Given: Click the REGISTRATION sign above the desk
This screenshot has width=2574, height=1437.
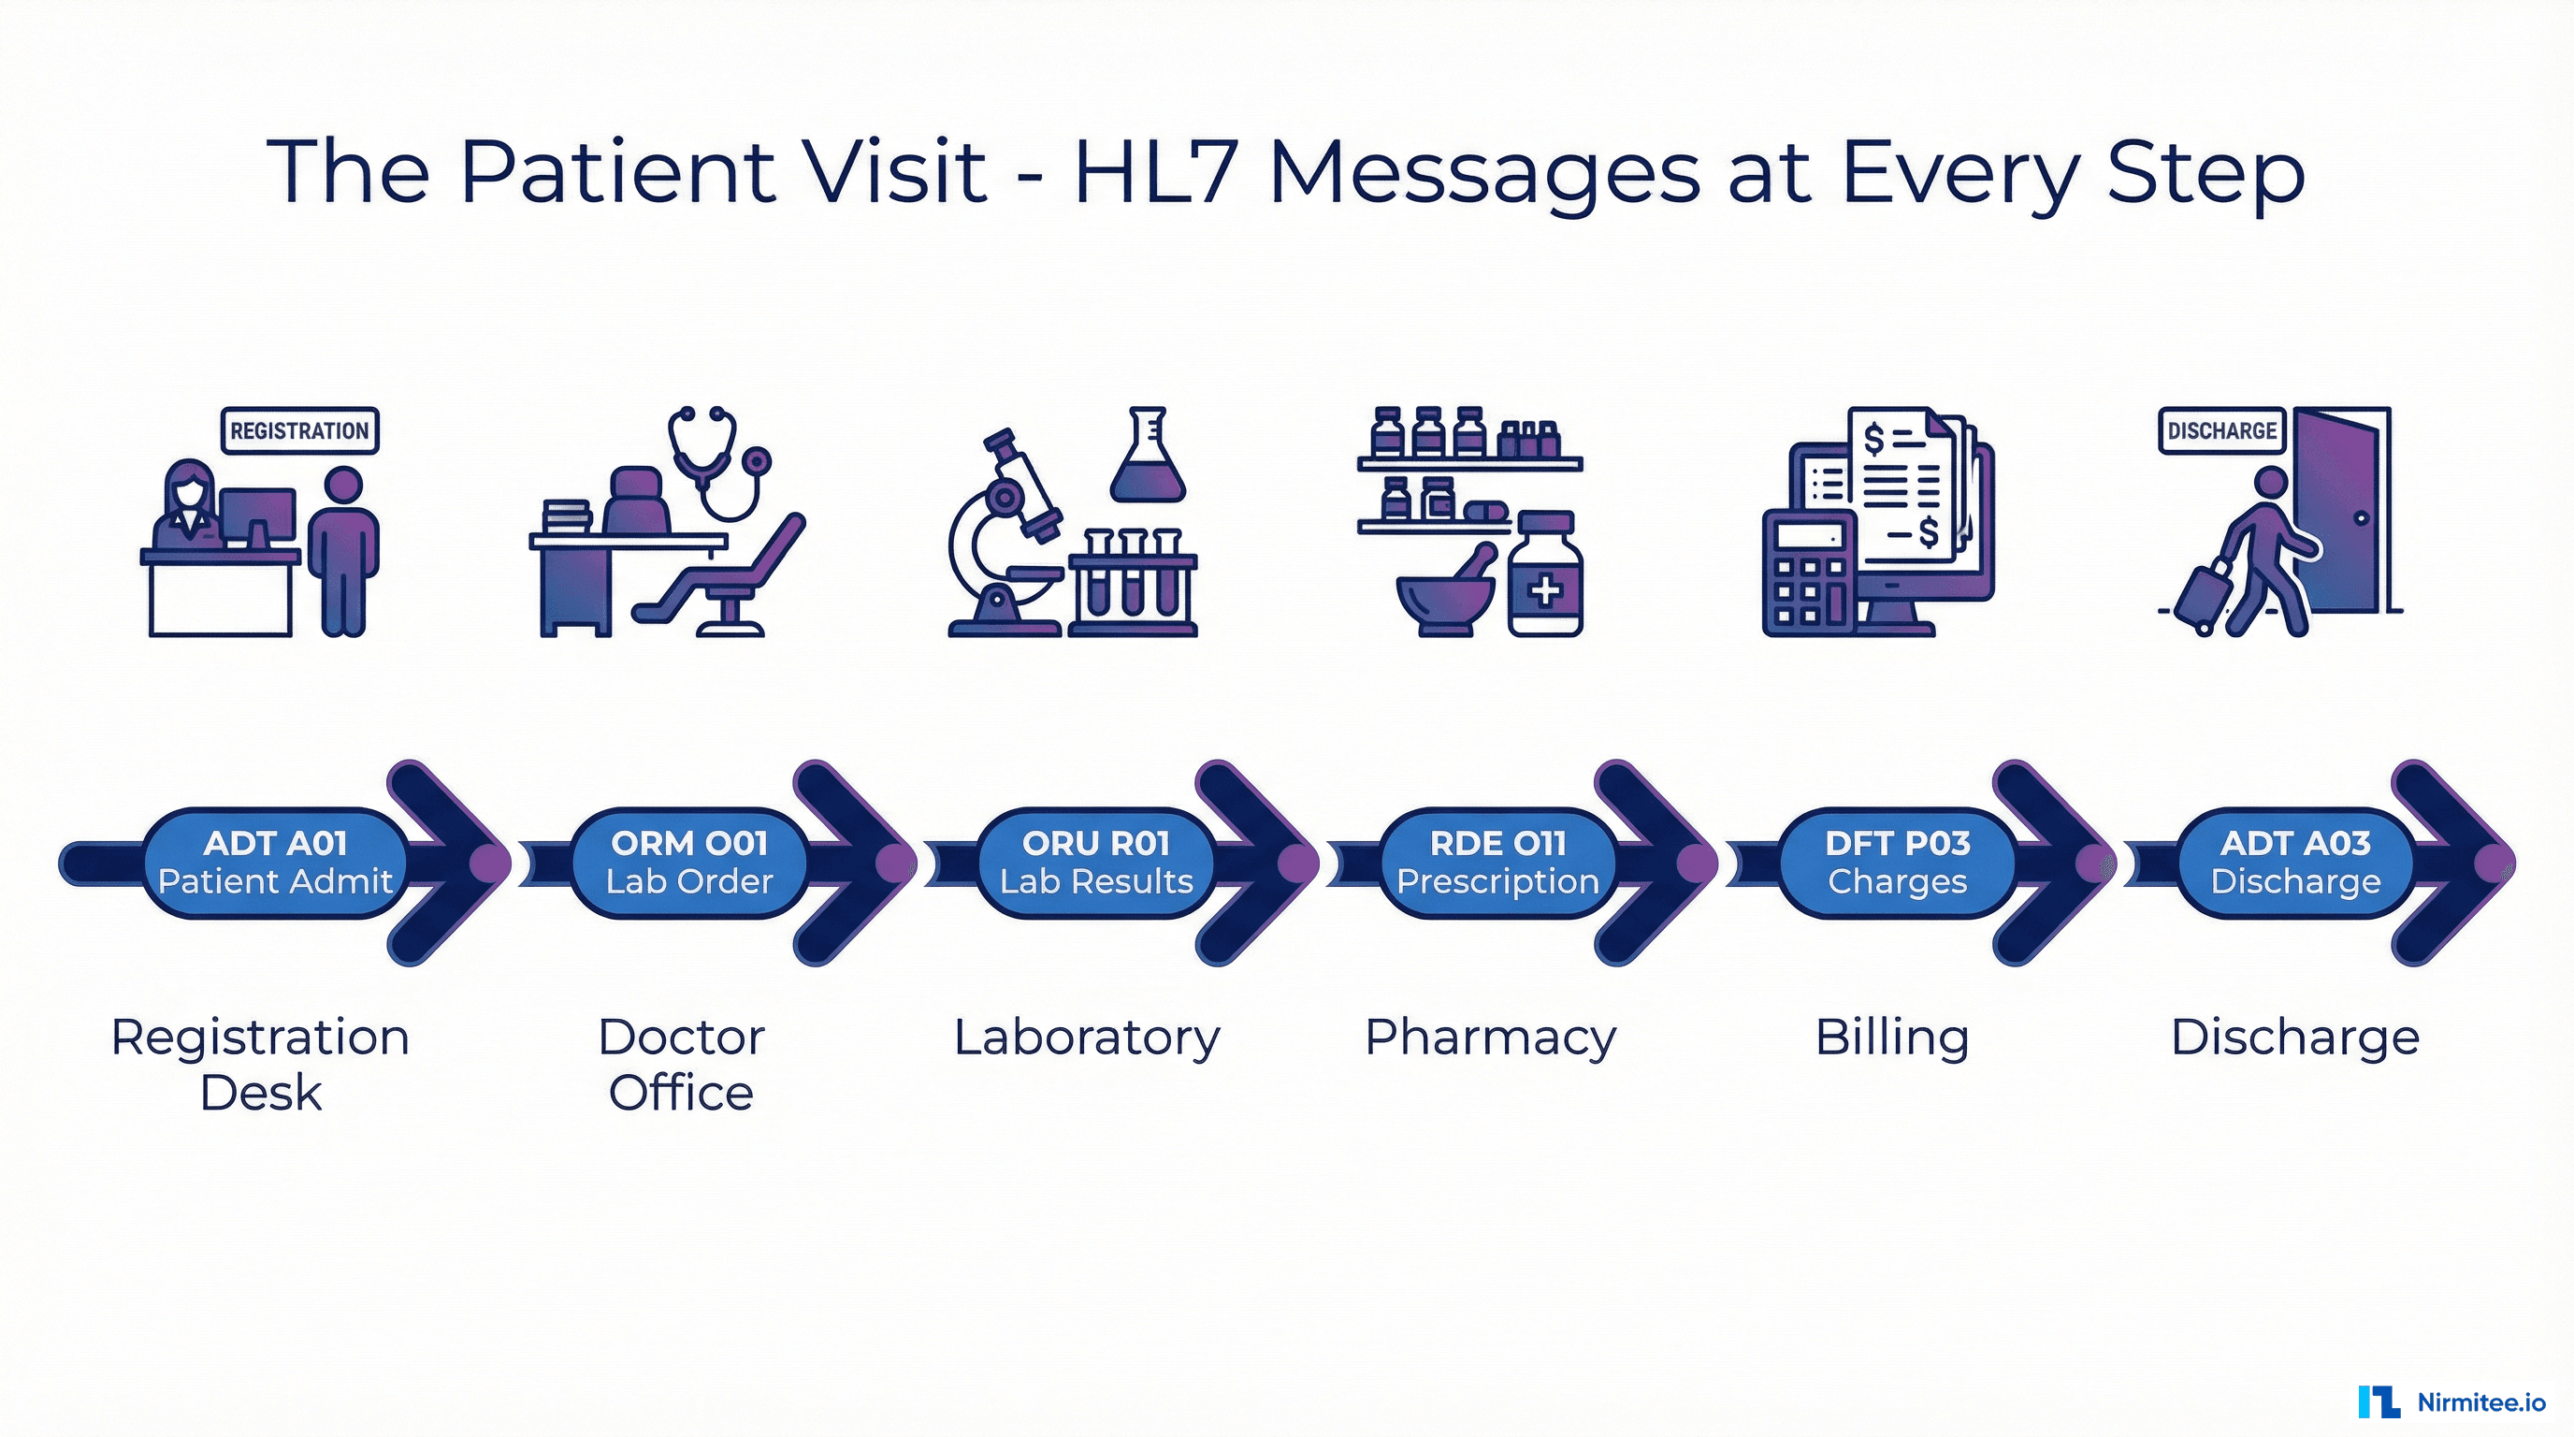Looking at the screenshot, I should (x=298, y=430).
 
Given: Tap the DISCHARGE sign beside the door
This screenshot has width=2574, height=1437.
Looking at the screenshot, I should (x=2221, y=430).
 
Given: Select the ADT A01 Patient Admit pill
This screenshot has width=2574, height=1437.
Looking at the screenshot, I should (x=275, y=863).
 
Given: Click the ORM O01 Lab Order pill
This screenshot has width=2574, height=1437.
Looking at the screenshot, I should (x=689, y=863).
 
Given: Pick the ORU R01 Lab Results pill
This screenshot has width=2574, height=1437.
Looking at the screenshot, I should (x=1096, y=863).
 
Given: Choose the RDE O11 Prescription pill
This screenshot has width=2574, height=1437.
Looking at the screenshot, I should (x=1497, y=863).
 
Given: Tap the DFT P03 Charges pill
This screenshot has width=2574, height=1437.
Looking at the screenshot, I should (x=1897, y=863).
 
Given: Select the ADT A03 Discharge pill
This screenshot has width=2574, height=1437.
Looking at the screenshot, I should (x=2295, y=863).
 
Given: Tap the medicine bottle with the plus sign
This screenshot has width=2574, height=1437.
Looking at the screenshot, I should (x=1545, y=580).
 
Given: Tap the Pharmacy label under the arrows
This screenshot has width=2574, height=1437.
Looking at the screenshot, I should (x=1490, y=1038).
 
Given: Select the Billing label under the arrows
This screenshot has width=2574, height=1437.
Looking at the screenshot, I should (x=1891, y=1038).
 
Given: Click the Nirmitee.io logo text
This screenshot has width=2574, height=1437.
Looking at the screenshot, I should (x=2481, y=1402).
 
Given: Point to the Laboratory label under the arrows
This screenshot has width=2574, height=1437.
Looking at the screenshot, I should (x=1086, y=1038).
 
